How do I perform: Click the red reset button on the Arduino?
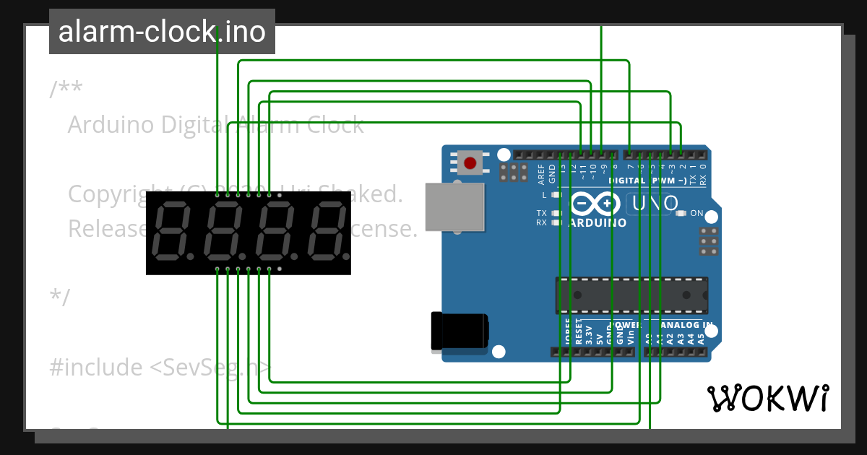470,162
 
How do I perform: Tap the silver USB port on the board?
454,207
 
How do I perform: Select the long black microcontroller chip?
631,295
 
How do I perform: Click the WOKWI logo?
767,398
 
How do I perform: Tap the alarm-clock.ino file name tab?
162,32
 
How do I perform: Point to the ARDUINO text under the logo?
598,223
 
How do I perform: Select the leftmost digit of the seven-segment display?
171,233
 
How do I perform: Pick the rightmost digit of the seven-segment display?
327,233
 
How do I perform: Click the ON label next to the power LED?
696,214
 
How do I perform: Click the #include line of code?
159,368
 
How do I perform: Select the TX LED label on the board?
541,213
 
